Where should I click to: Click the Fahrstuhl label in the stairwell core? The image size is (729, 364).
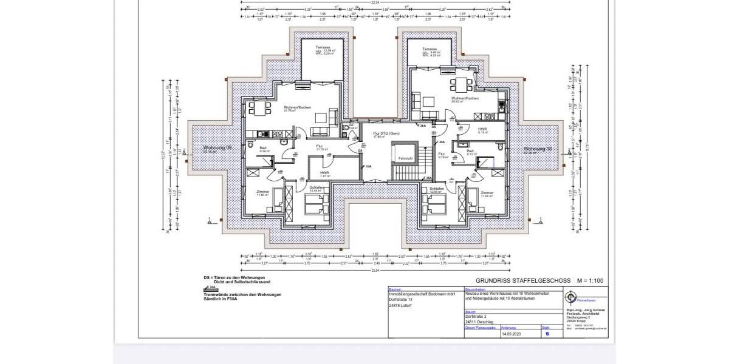pyautogui.click(x=405, y=158)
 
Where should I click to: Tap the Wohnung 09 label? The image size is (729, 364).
pyautogui.click(x=217, y=148)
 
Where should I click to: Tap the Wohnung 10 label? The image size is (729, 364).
pyautogui.click(x=538, y=149)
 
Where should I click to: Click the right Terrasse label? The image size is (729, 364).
pyautogui.click(x=430, y=49)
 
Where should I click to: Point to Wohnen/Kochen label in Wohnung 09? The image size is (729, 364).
pyautogui.click(x=297, y=107)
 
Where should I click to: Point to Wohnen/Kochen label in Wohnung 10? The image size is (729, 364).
pyautogui.click(x=464, y=98)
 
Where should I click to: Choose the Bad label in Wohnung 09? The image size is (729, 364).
pyautogui.click(x=263, y=148)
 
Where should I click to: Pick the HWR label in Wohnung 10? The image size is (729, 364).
pyautogui.click(x=482, y=129)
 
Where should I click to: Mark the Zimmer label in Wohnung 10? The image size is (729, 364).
pyautogui.click(x=487, y=193)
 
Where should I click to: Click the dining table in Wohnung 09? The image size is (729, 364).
pyautogui.click(x=260, y=108)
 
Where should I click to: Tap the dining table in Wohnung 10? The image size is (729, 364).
pyautogui.click(x=463, y=83)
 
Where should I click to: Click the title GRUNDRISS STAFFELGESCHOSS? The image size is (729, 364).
pyautogui.click(x=522, y=281)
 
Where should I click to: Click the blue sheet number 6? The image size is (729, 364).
pyautogui.click(x=547, y=333)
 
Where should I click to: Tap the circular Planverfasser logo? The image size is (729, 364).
pyautogui.click(x=570, y=297)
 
